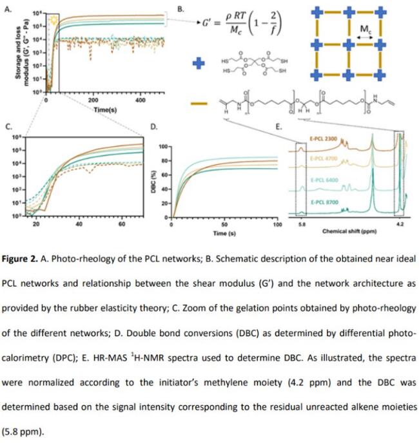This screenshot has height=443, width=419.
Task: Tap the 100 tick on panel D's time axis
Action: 277,225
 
